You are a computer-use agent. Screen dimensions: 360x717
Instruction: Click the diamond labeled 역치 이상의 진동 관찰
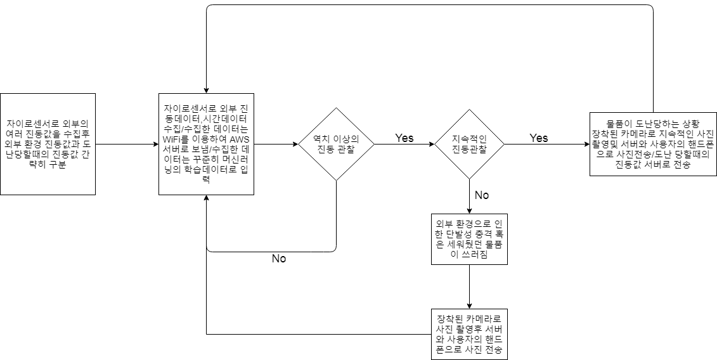pyautogui.click(x=335, y=144)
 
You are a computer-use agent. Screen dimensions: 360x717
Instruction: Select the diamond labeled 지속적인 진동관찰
pyautogui.click(x=469, y=144)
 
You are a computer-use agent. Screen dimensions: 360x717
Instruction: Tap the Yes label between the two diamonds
pyautogui.click(x=404, y=138)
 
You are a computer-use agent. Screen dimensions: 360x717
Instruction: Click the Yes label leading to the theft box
pyautogui.click(x=539, y=138)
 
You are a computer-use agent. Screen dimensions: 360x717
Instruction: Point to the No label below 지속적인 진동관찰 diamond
pyautogui.click(x=482, y=195)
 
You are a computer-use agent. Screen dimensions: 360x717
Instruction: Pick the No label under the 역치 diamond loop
pyautogui.click(x=279, y=259)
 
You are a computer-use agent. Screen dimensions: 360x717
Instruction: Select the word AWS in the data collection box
pyautogui.click(x=240, y=139)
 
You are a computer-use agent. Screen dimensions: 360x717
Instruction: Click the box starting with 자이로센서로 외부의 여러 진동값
pyautogui.click(x=48, y=144)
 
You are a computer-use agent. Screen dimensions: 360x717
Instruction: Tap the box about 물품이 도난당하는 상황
pyautogui.click(x=652, y=144)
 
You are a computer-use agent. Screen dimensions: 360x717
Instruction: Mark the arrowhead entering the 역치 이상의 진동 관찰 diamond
pyautogui.click(x=295, y=144)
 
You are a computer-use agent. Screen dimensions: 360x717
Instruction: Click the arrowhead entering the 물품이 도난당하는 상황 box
pyautogui.click(x=586, y=144)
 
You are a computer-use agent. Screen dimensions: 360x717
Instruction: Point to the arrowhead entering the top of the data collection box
pyautogui.click(x=207, y=90)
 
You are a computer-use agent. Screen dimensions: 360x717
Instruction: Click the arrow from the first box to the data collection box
pyautogui.click(x=127, y=144)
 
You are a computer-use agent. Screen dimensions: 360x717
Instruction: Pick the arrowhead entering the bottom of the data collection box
pyautogui.click(x=207, y=198)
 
